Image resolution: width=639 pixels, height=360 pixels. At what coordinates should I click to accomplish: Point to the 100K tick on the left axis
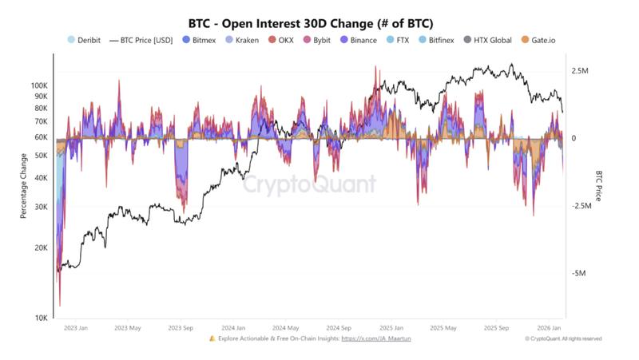pos(40,85)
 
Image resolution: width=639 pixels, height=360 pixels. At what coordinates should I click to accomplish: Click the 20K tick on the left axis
pos(42,248)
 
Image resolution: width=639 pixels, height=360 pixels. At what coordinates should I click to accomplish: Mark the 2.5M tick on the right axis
pos(580,71)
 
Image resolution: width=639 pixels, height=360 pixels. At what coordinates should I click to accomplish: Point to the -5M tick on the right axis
pos(578,273)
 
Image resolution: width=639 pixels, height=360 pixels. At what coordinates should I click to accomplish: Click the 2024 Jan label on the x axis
pos(233,327)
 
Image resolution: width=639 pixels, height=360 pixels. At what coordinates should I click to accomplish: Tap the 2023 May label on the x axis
pos(128,327)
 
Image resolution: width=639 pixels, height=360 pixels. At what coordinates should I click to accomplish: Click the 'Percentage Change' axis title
pos(24,185)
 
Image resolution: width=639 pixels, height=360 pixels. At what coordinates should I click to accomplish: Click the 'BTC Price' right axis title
pos(597,185)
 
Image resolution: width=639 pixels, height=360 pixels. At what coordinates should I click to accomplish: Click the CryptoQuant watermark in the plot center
pos(309,185)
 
